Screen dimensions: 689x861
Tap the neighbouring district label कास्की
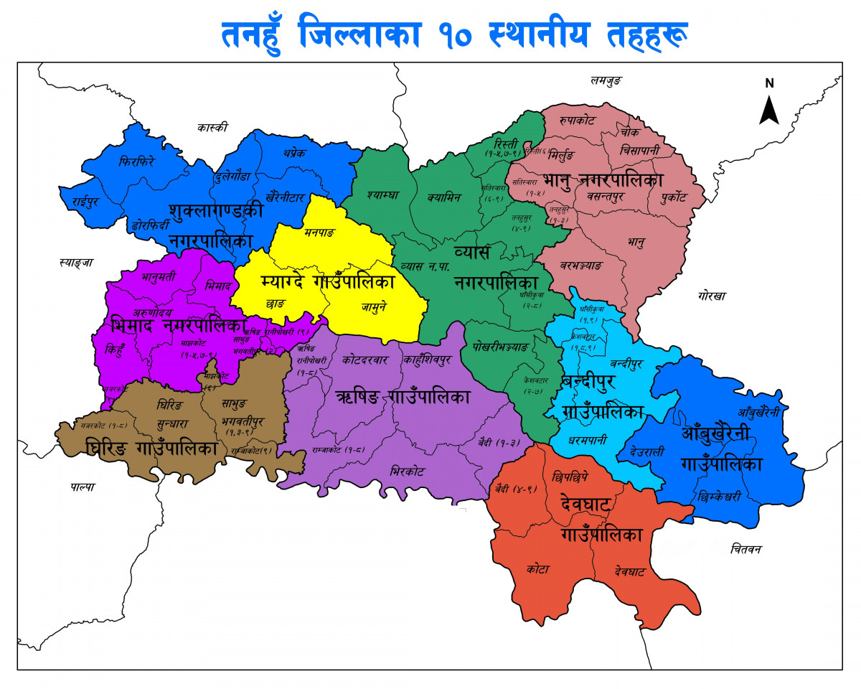[212, 128]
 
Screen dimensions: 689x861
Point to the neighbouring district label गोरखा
[711, 296]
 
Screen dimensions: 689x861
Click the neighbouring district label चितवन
[746, 549]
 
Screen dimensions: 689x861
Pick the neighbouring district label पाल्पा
[83, 487]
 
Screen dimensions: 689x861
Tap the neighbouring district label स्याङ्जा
[77, 263]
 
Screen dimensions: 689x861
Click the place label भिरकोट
[407, 472]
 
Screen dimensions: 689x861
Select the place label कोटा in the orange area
[537, 569]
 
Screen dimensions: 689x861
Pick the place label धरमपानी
[588, 439]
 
